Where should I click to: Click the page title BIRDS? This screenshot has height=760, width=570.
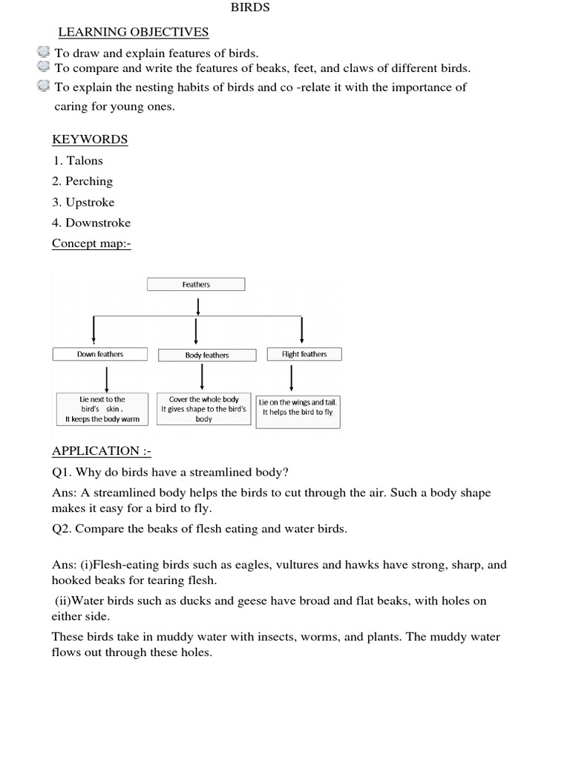click(251, 7)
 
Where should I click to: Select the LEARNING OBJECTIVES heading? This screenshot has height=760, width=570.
click(134, 32)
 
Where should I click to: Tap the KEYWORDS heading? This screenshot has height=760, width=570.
click(90, 140)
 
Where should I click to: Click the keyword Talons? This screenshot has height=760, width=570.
click(84, 160)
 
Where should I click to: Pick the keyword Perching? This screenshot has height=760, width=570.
click(89, 181)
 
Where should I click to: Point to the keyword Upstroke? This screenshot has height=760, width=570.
click(90, 202)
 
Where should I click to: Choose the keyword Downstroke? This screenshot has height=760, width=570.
click(98, 223)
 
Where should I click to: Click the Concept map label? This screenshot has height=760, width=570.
click(91, 243)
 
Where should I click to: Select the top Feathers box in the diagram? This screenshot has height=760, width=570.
click(196, 284)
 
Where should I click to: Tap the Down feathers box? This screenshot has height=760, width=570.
click(100, 354)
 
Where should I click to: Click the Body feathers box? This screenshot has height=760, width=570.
click(207, 355)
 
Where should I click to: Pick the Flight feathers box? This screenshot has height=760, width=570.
click(304, 354)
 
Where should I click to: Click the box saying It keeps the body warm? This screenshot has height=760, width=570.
click(102, 409)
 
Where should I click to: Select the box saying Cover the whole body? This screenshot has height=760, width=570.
click(204, 409)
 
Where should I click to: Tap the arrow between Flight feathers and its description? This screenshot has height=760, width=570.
click(290, 377)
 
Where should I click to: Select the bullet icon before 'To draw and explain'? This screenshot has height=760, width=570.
click(43, 53)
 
